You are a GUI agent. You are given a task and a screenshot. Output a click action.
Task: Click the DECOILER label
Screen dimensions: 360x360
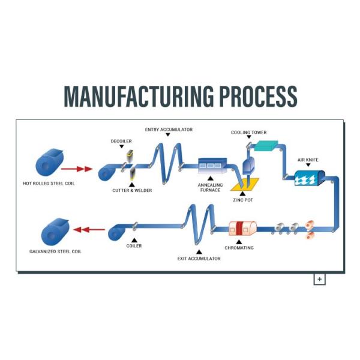pyautogui.click(x=121, y=142)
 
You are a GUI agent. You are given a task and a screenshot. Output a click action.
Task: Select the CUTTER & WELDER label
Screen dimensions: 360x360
pyautogui.click(x=132, y=190)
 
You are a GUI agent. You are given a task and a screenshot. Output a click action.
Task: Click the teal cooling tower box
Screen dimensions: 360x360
pyautogui.click(x=265, y=145)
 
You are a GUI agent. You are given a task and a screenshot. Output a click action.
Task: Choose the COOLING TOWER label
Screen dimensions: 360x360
pyautogui.click(x=249, y=133)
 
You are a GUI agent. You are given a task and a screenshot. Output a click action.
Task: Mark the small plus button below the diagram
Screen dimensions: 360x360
pyautogui.click(x=319, y=279)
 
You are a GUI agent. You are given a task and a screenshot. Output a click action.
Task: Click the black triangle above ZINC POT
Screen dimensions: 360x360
pyautogui.click(x=242, y=194)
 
